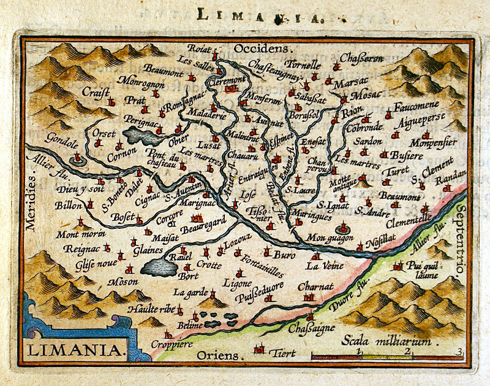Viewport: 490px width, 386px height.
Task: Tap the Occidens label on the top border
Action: tap(262, 47)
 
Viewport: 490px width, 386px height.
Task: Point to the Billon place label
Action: tap(68, 206)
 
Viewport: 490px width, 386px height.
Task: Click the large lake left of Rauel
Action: tap(159, 267)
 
